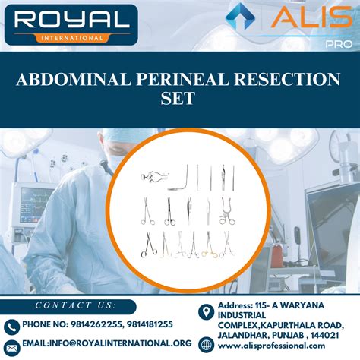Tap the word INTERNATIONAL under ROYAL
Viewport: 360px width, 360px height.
pyautogui.click(x=71, y=36)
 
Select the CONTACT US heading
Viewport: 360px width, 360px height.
pyautogui.click(x=75, y=305)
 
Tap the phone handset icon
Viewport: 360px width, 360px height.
pyautogui.click(x=11, y=326)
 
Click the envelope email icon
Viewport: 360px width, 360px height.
pyautogui.click(x=11, y=344)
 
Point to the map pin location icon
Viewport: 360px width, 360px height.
pyautogui.click(x=204, y=313)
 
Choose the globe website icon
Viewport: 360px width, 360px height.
pyautogui.click(x=204, y=346)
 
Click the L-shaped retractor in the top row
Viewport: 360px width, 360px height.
pyautogui.click(x=180, y=176)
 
